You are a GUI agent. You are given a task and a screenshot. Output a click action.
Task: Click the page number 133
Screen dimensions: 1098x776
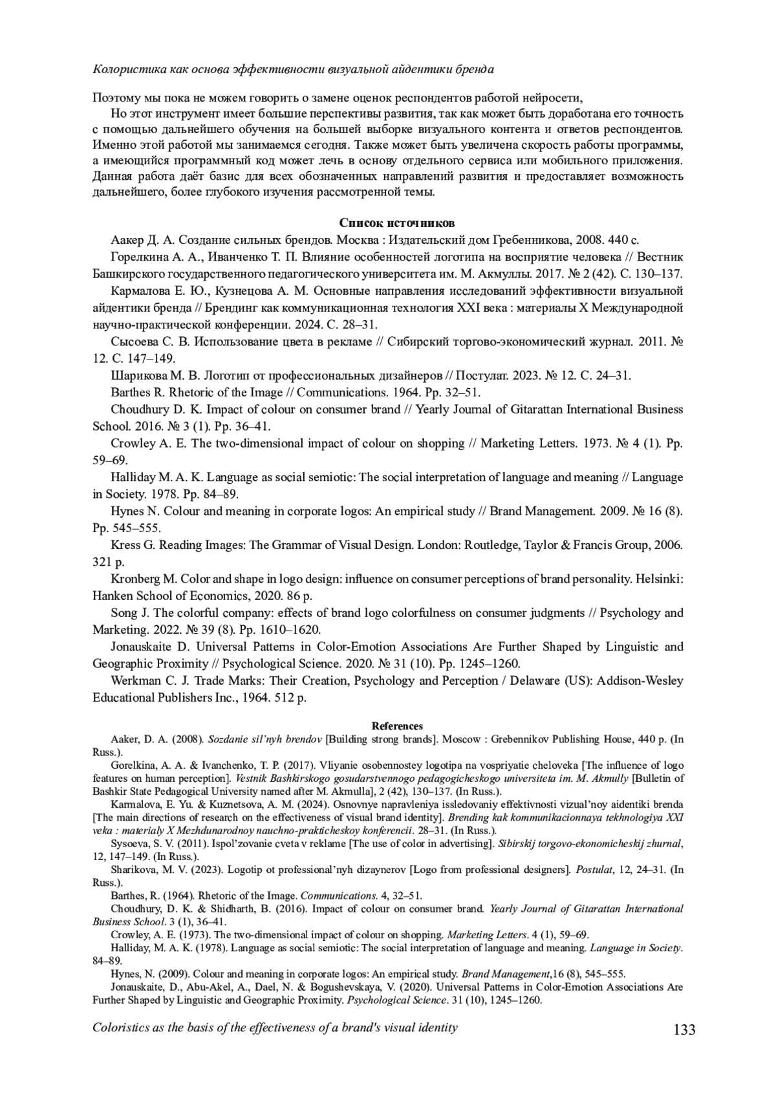[684, 1029]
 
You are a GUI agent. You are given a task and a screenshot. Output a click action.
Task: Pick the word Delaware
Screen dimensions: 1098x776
[533, 681]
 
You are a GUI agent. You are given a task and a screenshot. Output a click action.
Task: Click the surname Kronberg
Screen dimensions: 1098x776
[136, 579]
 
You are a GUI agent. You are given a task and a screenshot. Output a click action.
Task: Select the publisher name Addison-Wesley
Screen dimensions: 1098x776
[640, 681]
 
